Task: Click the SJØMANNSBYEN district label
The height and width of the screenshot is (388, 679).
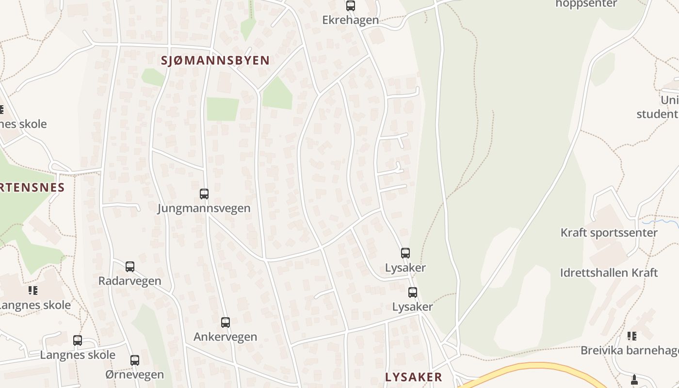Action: (215, 61)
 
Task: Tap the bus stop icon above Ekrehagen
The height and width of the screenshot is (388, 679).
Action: (350, 6)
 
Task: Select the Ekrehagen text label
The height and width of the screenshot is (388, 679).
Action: (350, 20)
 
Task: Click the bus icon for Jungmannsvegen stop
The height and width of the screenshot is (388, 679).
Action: (204, 194)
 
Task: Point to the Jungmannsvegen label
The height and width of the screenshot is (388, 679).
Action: (204, 209)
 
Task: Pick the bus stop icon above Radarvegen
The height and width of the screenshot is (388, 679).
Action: (130, 267)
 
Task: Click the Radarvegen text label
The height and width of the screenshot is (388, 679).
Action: (130, 281)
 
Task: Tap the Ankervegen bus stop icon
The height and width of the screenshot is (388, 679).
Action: (226, 323)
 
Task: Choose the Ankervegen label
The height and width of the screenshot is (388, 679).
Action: (226, 337)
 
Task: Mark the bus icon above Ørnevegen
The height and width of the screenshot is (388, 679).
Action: (135, 360)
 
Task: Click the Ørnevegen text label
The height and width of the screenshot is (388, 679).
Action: (135, 375)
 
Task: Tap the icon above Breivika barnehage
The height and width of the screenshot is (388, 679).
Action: (631, 336)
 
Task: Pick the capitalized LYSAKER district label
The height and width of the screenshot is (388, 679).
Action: (414, 377)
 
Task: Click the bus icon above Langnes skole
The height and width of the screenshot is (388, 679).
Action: (78, 340)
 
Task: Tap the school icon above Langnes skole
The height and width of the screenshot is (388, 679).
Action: (32, 291)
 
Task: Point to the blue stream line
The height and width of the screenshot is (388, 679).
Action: (662, 222)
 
